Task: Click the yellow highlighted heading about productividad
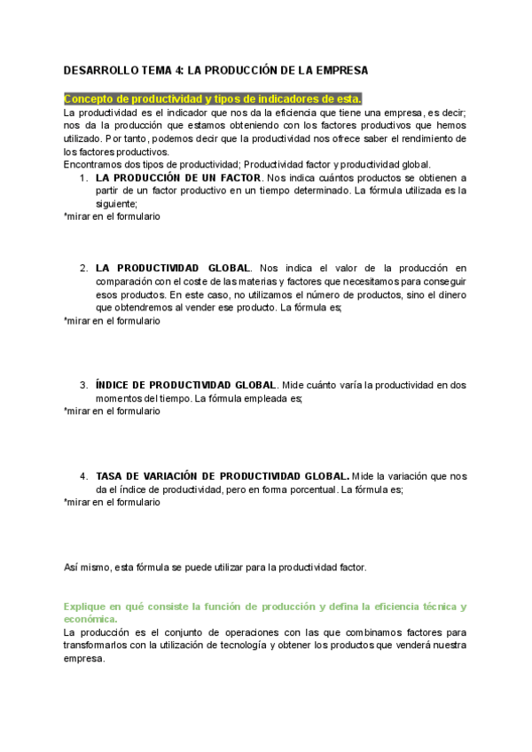(213, 98)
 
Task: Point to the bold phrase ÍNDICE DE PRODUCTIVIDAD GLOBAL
(185, 385)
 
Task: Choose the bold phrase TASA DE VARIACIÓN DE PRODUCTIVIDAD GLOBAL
(222, 476)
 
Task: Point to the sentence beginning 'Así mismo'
(215, 567)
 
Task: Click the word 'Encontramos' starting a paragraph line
(94, 164)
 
